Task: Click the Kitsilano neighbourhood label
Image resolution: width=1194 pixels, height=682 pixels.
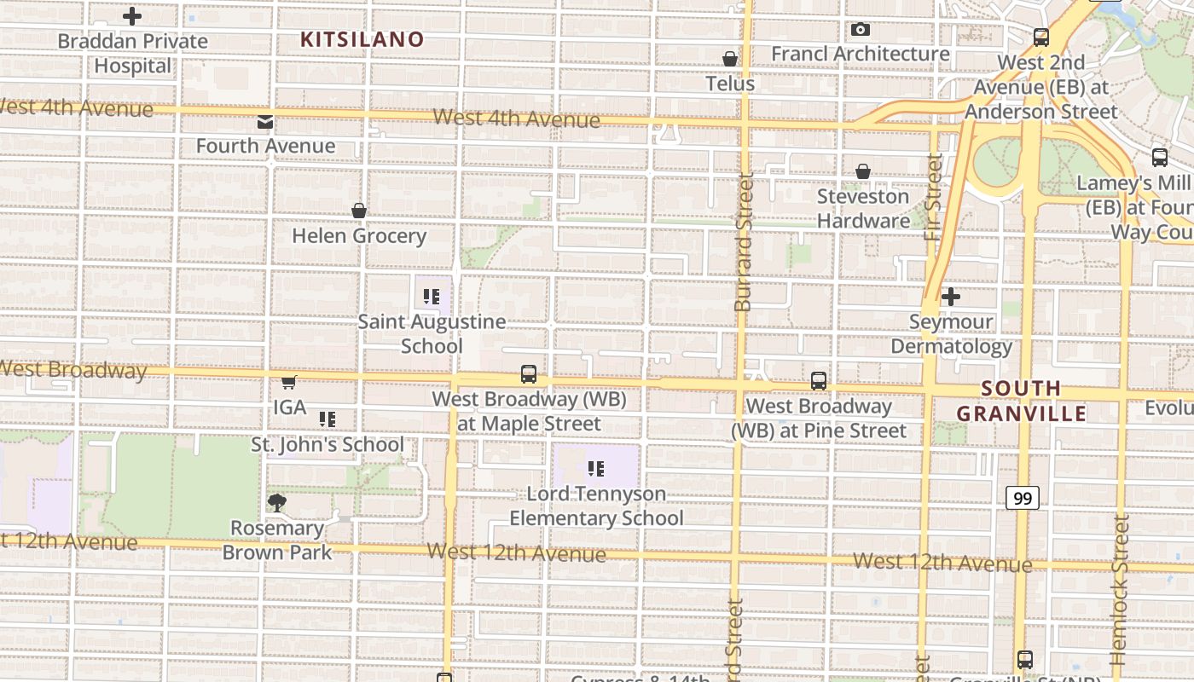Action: (362, 39)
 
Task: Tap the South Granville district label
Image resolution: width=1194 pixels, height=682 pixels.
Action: (1021, 401)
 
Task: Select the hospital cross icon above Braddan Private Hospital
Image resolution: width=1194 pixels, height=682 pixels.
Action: (132, 16)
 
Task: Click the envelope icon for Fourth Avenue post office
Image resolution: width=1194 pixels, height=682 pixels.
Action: (265, 122)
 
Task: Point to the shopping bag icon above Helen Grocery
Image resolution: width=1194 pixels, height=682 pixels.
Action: (359, 211)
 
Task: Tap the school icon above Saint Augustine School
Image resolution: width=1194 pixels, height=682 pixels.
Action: (431, 297)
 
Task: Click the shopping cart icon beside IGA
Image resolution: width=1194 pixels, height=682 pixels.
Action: (289, 382)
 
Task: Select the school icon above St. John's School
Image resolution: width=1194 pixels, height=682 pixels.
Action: (327, 419)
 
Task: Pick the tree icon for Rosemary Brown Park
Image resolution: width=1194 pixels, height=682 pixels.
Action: (276, 503)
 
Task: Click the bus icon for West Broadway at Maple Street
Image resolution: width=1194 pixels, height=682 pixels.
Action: (529, 374)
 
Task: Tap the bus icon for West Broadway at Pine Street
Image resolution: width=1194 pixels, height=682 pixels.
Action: (819, 381)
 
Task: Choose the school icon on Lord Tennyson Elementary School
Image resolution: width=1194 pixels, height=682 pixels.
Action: (596, 468)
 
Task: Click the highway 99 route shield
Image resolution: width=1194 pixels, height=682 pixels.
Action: (1022, 498)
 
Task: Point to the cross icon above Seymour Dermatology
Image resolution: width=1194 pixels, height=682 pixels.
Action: (951, 297)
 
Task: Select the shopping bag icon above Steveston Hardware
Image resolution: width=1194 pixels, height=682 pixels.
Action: (863, 171)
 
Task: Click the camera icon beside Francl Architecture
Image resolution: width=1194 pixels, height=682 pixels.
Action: (861, 30)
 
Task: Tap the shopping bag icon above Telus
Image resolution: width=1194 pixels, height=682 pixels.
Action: (730, 59)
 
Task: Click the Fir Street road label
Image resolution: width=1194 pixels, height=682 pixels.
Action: (933, 197)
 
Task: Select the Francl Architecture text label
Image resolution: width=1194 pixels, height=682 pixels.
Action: (861, 54)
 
